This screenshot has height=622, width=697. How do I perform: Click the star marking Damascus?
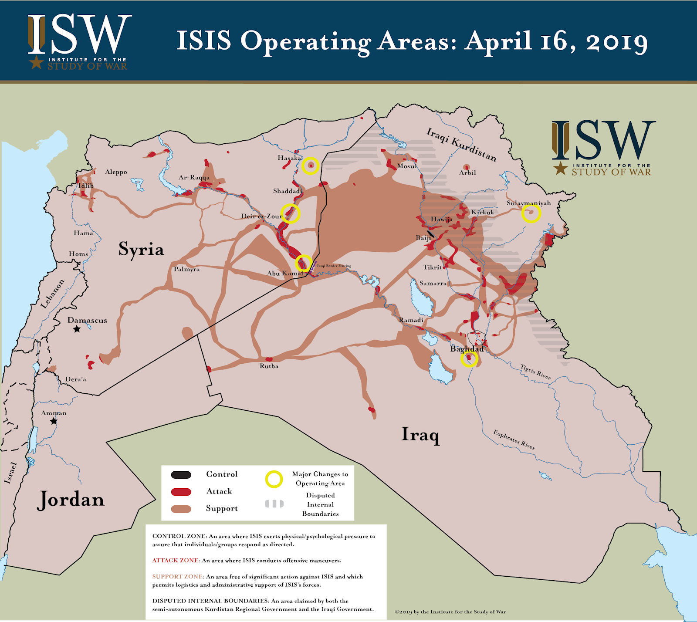(x=77, y=329)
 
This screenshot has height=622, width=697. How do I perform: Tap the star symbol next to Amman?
(x=54, y=421)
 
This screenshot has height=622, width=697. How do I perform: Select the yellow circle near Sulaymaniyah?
(x=531, y=213)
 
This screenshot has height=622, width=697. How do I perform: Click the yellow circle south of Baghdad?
(x=469, y=359)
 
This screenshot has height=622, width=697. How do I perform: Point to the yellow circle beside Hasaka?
(x=311, y=166)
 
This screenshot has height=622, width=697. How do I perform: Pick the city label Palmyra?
(x=187, y=269)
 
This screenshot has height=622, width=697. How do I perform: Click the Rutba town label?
(x=269, y=366)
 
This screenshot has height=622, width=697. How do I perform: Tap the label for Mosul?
(x=407, y=166)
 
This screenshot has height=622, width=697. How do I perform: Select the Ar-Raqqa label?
(x=194, y=177)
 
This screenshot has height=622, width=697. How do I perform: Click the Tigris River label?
(x=535, y=372)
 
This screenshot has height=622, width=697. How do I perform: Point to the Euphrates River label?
(x=514, y=439)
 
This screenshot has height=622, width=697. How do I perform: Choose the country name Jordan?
(x=71, y=500)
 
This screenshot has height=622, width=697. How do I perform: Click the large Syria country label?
(x=141, y=249)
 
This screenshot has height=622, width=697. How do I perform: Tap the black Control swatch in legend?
(x=181, y=475)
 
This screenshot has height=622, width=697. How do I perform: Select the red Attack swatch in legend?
(x=181, y=492)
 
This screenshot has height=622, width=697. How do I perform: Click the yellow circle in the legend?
(x=274, y=479)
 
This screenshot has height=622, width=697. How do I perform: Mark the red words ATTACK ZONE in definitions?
(x=176, y=561)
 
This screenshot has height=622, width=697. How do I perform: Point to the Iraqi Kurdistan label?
(x=461, y=144)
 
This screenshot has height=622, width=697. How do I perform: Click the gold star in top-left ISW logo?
(x=36, y=62)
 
